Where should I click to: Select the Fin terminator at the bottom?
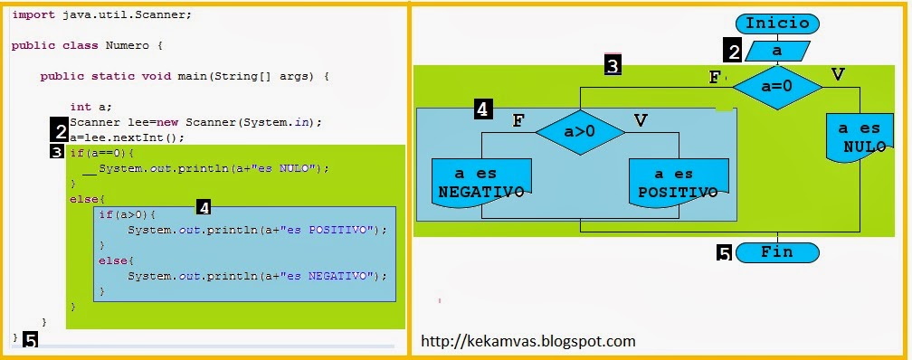click(777, 252)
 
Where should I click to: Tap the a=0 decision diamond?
click(777, 87)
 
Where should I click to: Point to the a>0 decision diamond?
click(580, 130)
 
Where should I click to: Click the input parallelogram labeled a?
click(776, 52)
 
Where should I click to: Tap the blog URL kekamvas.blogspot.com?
click(528, 341)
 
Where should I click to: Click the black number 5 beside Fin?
click(725, 254)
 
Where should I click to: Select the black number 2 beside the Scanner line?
click(60, 130)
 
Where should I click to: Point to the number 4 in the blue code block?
click(204, 207)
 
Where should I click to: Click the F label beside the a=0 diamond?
click(715, 77)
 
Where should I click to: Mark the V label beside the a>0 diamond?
click(641, 118)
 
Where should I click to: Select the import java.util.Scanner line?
click(101, 15)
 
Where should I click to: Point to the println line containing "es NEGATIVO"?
click(257, 276)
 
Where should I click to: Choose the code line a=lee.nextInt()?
click(127, 137)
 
